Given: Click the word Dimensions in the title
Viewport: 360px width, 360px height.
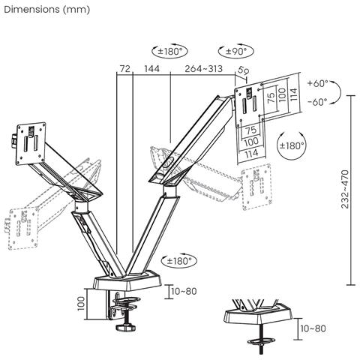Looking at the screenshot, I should click(29, 9).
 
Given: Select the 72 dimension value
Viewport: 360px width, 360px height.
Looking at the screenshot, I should click(124, 69).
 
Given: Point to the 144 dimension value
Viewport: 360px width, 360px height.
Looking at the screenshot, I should click(151, 69).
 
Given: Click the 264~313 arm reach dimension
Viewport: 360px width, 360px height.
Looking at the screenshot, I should click(205, 69).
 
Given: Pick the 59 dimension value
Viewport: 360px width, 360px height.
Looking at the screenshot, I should click(243, 70).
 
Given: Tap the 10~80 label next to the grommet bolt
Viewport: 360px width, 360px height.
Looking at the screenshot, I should click(313, 328).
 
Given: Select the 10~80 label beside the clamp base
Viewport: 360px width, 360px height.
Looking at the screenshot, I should click(184, 291).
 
